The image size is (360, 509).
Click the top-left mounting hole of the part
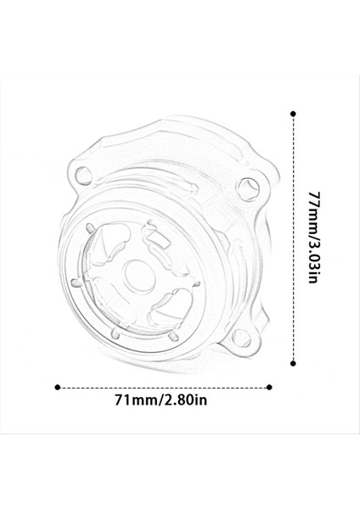point(82,176)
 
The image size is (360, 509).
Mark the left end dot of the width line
point(57,387)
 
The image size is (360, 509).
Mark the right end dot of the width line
point(270,387)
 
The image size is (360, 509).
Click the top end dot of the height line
point(294,113)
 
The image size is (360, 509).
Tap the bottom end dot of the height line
point(294,359)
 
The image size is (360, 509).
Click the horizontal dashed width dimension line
point(163,387)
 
